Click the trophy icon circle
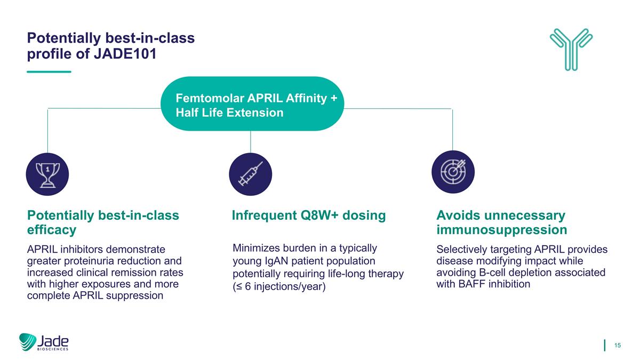(x=47, y=174)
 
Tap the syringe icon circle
(x=250, y=174)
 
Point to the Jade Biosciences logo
(x=44, y=342)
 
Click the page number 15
(x=618, y=346)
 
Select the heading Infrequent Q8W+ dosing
(x=309, y=215)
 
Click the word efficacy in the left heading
(x=52, y=230)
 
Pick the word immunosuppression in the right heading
(x=501, y=230)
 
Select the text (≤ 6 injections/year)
(x=279, y=286)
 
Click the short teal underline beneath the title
(x=49, y=71)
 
